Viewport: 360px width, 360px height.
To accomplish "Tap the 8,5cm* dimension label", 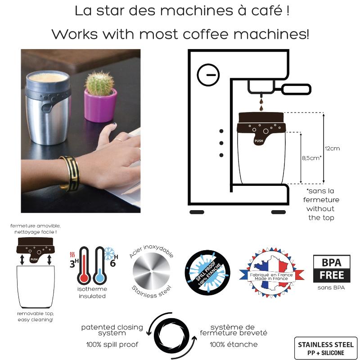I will pos(311,158).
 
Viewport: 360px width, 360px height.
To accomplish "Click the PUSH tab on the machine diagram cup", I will pos(259,139).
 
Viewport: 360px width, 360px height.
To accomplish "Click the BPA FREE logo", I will pos(331,269).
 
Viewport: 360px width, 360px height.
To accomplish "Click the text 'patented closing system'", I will pos(112,330).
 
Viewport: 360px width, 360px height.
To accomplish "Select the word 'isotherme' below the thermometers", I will pos(92,290).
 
